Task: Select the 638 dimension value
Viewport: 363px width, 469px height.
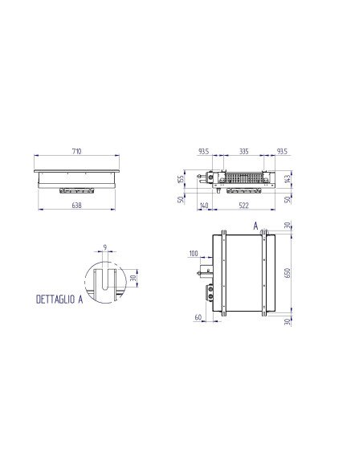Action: tap(77, 206)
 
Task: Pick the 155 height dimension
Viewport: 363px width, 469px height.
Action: tap(182, 181)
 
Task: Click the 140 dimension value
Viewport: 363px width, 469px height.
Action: tap(204, 206)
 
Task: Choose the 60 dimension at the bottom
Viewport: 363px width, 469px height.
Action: tap(197, 317)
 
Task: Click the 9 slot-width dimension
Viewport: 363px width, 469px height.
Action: tap(104, 247)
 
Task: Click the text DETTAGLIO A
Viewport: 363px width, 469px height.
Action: tap(60, 299)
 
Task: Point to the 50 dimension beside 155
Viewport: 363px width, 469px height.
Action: tap(182, 198)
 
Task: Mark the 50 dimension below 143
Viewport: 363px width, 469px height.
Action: tap(288, 198)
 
